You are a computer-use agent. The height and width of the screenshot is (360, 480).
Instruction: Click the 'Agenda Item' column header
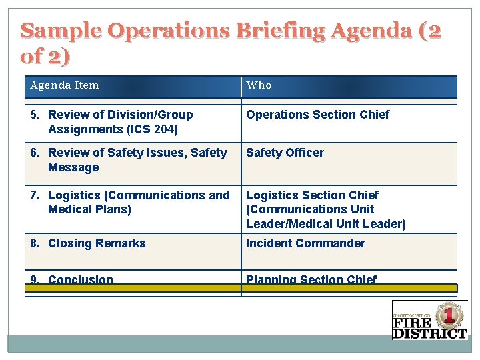[65, 85]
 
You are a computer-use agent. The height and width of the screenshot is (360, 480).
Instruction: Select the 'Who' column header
[259, 85]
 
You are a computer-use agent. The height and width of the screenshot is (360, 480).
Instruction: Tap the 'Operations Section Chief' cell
[317, 115]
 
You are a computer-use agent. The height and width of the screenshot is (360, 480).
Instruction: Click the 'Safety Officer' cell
[285, 153]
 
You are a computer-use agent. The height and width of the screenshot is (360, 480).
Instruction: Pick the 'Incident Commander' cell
[305, 243]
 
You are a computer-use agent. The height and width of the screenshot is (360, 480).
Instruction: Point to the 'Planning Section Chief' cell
[311, 279]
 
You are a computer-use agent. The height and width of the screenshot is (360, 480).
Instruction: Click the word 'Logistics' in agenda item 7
[75, 195]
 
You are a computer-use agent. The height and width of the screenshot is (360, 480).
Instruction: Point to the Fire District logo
[429, 321]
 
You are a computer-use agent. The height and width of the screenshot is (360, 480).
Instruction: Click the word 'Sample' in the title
[60, 31]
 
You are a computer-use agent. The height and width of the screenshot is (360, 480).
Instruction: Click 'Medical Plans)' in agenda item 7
[89, 209]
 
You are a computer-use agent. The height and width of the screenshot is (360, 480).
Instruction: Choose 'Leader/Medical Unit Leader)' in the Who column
[325, 224]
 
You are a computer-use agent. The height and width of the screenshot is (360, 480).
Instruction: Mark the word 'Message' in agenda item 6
[73, 167]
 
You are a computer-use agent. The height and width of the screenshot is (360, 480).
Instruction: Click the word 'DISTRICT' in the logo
[429, 333]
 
